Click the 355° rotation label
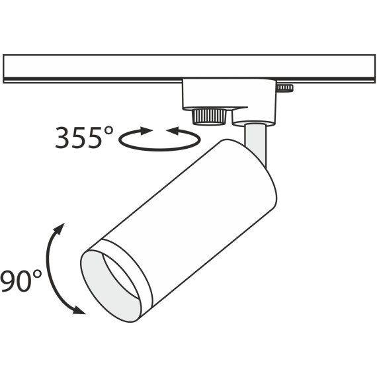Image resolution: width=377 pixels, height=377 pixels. [x=84, y=138]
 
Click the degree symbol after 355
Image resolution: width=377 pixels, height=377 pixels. [x=108, y=130]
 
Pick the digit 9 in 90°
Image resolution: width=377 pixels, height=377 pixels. [x=8, y=281]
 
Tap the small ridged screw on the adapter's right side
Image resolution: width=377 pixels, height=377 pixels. [x=286, y=88]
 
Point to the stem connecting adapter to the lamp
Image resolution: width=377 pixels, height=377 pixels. [x=257, y=139]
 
